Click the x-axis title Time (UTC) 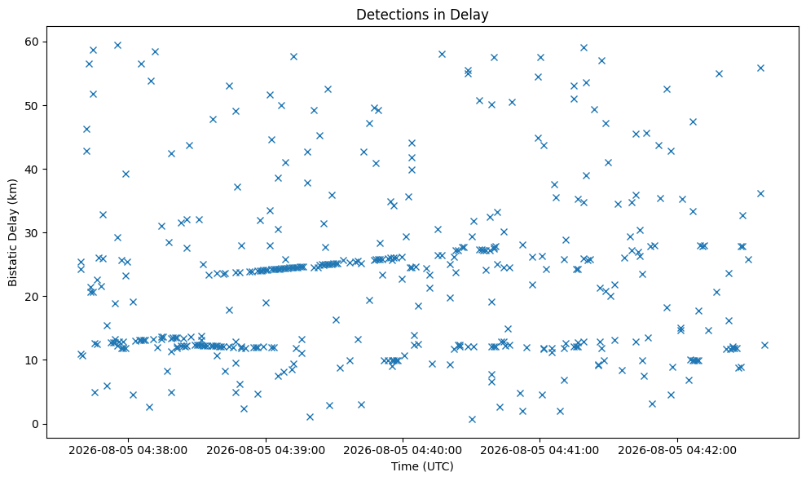coord(422,466)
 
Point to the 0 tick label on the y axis coord(37,424)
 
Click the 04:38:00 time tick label coord(128,450)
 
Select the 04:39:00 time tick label coord(266,450)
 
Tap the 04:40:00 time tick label coord(403,450)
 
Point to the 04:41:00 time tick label coord(540,450)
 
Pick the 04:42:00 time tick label coord(677,450)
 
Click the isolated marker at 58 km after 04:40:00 coord(442,54)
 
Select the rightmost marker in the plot coord(764,345)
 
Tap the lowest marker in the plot coord(472,419)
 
